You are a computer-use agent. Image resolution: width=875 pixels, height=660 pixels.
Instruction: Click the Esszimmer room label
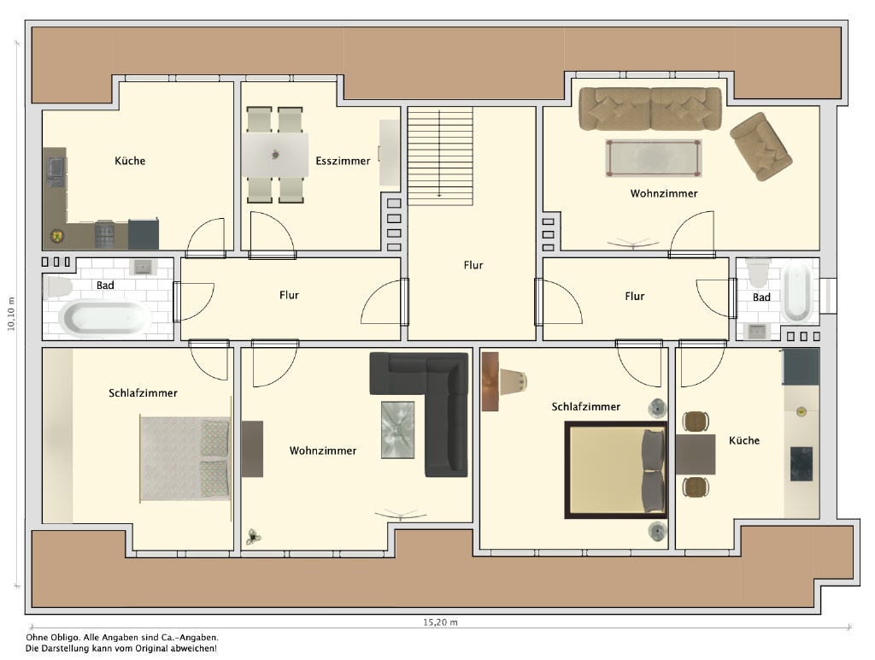343,161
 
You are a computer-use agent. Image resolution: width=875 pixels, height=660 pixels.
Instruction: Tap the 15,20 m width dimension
440,622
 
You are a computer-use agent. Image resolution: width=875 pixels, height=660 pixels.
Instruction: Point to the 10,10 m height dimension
11,314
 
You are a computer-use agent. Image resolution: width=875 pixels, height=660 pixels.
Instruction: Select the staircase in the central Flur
440,156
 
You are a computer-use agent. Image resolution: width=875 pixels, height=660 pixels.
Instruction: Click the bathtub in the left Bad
105,318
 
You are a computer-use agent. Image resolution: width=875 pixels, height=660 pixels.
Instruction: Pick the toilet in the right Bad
759,271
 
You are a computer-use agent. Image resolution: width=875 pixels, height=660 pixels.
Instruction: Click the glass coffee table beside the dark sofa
397,429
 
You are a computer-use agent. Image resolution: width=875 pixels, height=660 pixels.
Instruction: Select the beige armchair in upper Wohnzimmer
760,146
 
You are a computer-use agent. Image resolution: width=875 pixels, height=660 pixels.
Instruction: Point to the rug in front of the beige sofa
654,158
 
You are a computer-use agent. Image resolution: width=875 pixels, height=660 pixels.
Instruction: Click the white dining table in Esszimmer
275,155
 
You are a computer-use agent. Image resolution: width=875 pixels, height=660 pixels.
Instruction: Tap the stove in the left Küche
104,234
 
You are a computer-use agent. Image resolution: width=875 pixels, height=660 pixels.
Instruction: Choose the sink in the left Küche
56,172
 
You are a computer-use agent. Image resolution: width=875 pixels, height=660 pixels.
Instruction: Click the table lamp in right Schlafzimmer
514,380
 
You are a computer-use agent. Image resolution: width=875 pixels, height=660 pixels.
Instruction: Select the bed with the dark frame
616,470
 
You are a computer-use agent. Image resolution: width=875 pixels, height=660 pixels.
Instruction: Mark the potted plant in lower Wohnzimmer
253,537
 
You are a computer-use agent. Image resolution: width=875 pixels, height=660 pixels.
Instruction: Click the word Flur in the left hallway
289,295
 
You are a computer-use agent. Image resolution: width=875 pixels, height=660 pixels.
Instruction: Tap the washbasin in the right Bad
757,331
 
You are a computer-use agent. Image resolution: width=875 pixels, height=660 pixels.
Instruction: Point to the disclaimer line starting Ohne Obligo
122,637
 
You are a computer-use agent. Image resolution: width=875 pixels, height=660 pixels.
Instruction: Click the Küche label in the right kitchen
744,440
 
